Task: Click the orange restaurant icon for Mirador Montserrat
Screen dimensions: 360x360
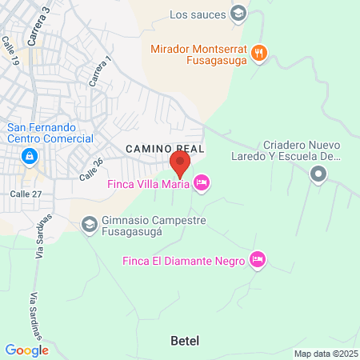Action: [258, 54]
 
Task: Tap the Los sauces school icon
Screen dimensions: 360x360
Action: [238, 13]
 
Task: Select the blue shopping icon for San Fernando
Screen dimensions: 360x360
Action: [29, 156]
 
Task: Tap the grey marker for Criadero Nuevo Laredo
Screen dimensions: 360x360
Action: [318, 174]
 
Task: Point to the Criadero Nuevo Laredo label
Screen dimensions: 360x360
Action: [303, 150]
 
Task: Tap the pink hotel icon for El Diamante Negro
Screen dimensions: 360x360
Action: [257, 260]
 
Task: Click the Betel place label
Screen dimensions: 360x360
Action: [185, 341]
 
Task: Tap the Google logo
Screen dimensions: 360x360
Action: [26, 350]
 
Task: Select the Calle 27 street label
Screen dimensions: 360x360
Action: [25, 193]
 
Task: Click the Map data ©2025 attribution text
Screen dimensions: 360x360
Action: [323, 354]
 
